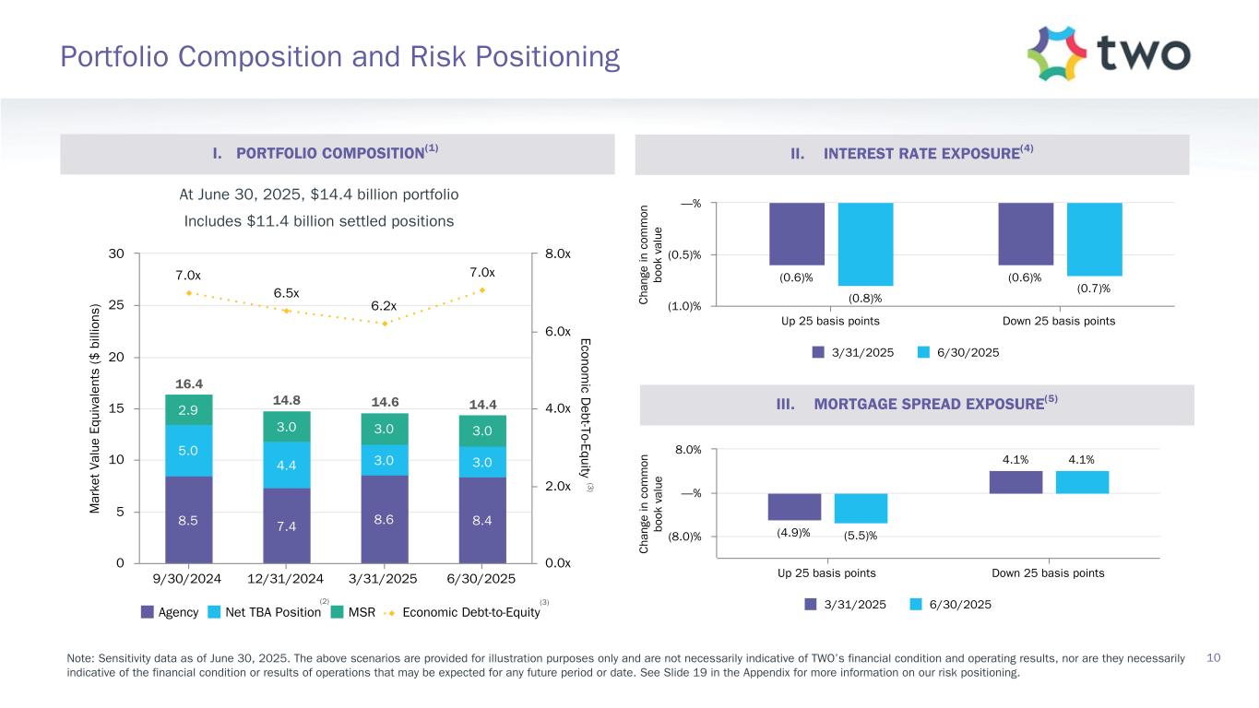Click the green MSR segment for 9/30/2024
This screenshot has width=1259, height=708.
188,410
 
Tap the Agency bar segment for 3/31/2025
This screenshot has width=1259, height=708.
384,519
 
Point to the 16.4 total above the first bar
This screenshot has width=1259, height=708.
188,383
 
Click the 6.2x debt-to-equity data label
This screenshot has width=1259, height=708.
385,306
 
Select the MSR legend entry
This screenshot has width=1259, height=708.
354,612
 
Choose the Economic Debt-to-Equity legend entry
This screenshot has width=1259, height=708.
470,612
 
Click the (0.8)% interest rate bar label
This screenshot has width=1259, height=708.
865,298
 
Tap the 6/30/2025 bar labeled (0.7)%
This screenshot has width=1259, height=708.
1094,239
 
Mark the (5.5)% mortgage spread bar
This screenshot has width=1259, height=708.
861,508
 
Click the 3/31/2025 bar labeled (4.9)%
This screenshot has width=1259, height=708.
794,506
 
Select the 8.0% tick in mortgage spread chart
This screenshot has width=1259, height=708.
687,450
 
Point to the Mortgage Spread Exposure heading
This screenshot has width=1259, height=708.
914,405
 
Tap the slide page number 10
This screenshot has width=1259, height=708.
1214,657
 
